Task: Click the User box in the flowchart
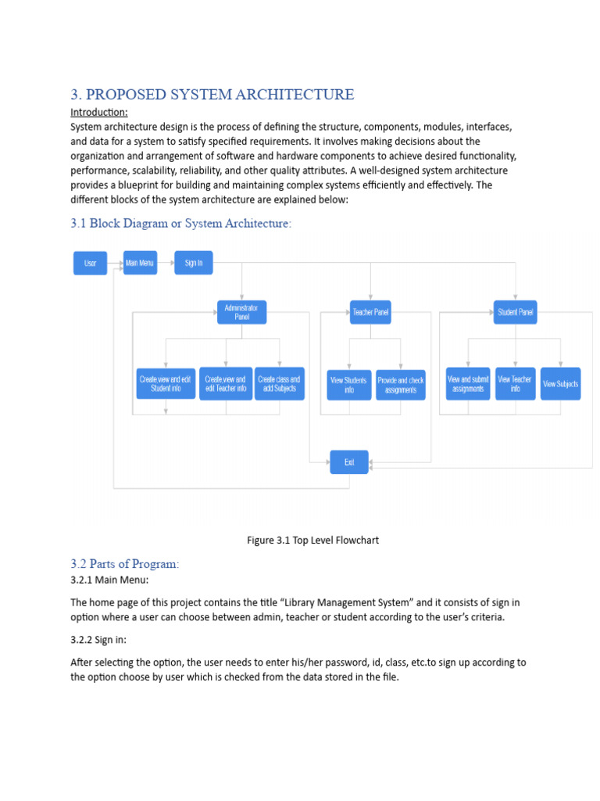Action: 90,263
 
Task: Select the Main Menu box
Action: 140,263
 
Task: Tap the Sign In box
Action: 193,263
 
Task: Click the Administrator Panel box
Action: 241,313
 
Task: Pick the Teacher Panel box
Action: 370,313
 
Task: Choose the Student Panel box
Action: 516,313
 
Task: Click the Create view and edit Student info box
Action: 165,383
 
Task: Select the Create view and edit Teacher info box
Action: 225,383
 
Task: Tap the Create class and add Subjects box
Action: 279,383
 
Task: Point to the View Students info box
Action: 348,385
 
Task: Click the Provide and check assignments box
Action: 400,385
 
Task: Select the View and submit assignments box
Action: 468,383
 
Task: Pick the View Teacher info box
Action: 515,383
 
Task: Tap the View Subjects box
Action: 560,383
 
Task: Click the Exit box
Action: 348,462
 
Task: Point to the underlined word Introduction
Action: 98,113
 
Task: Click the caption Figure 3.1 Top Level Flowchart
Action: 312,541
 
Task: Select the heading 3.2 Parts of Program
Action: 125,563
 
